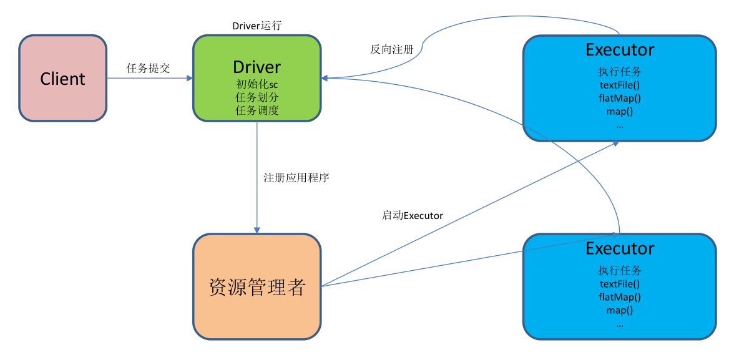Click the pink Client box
pos(62,79)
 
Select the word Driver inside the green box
pos(257,67)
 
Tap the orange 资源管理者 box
pos(257,287)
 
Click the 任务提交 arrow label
pos(148,68)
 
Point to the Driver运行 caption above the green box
pos(257,26)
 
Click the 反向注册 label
pos(391,49)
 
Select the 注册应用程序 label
pos(296,178)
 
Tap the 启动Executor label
pos(412,216)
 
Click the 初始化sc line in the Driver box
pos(257,85)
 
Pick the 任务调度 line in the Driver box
pos(257,110)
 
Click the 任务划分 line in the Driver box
pos(257,98)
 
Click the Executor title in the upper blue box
pos(620,50)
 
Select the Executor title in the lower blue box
pos(620,248)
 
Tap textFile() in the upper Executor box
pos(620,85)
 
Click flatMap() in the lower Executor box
pos(620,297)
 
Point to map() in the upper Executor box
pos(620,111)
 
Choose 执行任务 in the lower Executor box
pos(620,271)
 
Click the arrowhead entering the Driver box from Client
pos(189,79)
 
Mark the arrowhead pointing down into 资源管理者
pos(257,230)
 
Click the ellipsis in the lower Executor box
pos(620,324)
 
